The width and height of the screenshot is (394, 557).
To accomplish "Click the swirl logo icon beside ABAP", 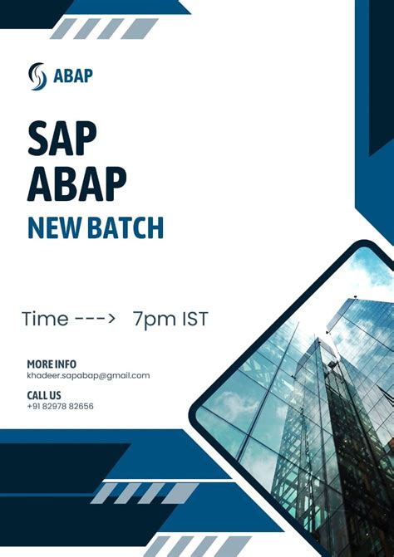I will (38, 76).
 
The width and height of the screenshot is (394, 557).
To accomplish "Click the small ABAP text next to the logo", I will (73, 76).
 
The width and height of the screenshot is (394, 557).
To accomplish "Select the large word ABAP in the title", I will (76, 183).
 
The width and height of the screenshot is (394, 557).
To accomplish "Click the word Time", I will (45, 318).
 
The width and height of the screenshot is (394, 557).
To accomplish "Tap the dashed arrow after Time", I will (95, 319).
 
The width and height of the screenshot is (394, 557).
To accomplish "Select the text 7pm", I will (155, 318).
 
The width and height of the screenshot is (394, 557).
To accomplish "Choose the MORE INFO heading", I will (52, 364).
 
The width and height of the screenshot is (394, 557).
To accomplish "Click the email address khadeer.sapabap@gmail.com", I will (88, 375).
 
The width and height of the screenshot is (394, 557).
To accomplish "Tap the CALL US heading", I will (44, 395).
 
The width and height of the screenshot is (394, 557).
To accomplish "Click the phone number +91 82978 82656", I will (60, 407).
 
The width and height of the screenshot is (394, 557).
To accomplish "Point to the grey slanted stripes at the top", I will (104, 29).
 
